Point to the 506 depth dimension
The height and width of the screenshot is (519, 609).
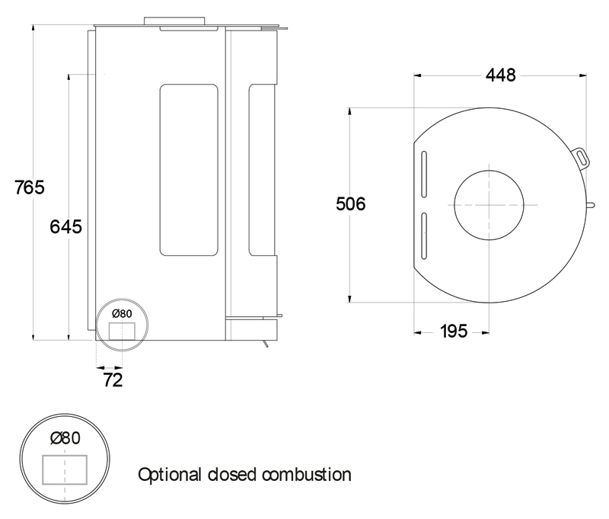click(x=351, y=204)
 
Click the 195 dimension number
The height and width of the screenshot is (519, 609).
click(x=454, y=332)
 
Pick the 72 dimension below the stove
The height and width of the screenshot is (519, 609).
click(x=112, y=379)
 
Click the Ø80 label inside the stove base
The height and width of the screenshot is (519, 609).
click(x=122, y=313)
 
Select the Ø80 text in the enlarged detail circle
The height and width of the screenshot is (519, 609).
click(x=65, y=437)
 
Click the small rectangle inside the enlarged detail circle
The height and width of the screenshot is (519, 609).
click(x=65, y=468)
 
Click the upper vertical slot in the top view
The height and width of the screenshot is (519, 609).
click(x=424, y=175)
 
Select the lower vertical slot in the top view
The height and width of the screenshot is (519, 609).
click(x=424, y=235)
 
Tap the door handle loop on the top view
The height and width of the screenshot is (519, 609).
click(x=582, y=155)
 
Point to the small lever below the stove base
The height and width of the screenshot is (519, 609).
click(x=264, y=345)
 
